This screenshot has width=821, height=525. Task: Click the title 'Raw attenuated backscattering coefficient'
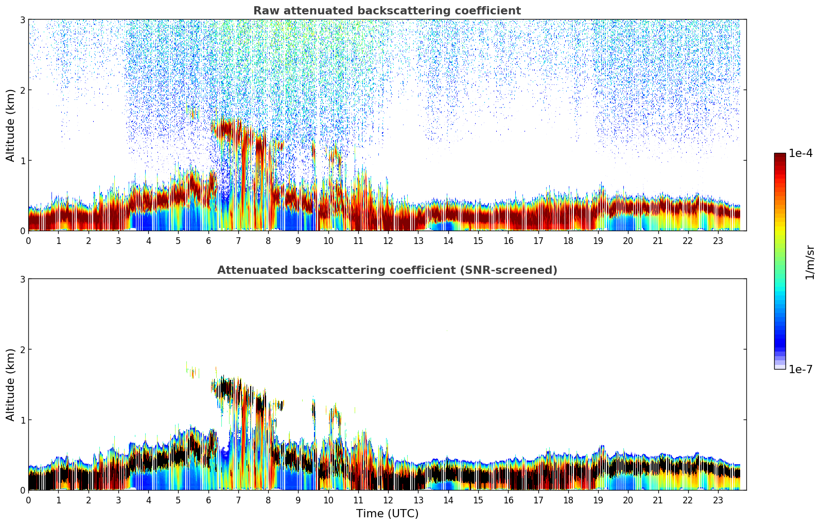click(x=387, y=11)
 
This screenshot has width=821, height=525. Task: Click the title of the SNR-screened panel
click(x=387, y=270)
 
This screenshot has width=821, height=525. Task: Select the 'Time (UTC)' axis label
click(x=387, y=514)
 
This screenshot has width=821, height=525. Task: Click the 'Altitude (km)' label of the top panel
click(x=11, y=125)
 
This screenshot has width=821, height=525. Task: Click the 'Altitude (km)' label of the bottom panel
click(x=11, y=384)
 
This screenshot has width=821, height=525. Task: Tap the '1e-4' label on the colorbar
click(x=800, y=153)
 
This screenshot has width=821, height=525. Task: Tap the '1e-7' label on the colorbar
click(x=800, y=369)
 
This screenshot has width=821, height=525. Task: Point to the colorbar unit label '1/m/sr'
click(x=810, y=262)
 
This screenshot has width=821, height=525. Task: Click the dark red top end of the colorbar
click(x=780, y=155)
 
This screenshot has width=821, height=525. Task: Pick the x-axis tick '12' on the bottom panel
click(x=388, y=500)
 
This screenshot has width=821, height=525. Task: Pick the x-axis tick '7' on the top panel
click(x=238, y=241)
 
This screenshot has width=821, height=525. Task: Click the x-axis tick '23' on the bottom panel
click(x=718, y=500)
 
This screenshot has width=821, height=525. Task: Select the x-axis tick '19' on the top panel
click(x=598, y=241)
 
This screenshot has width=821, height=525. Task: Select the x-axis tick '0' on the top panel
click(x=28, y=241)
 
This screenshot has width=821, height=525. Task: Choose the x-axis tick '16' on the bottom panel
click(x=508, y=500)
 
